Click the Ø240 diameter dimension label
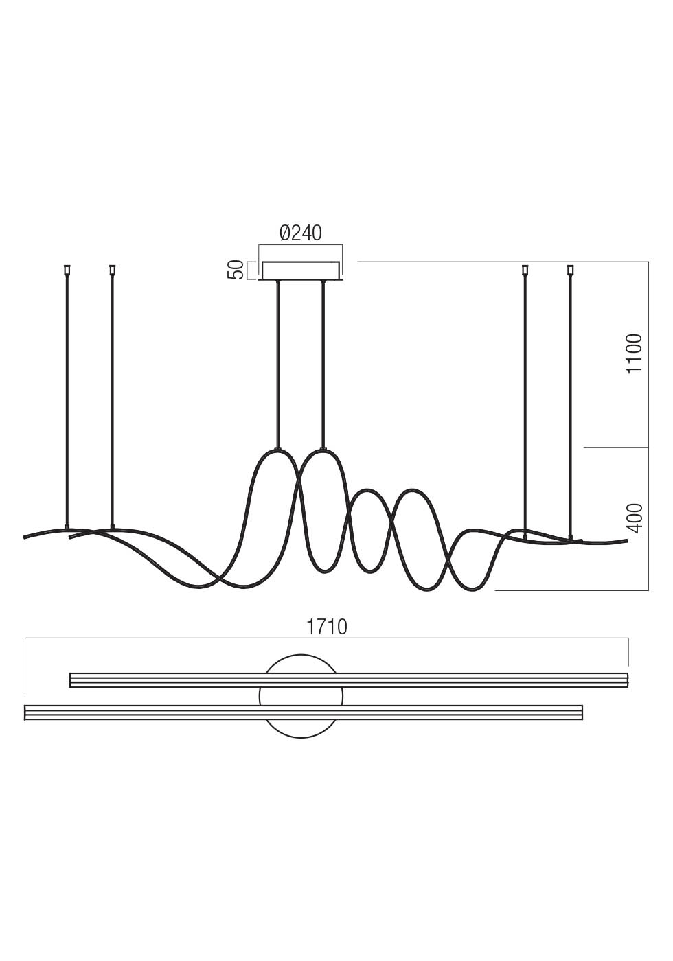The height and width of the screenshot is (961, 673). [x=301, y=233]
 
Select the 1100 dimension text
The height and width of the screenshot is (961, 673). [x=634, y=354]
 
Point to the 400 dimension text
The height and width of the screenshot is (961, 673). [x=635, y=518]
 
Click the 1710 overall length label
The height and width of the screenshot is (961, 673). [x=327, y=627]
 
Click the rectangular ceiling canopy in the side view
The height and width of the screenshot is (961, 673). [x=301, y=270]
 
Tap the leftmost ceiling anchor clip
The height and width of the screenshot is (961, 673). [x=67, y=270]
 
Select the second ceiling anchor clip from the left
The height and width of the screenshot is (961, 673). [x=112, y=270]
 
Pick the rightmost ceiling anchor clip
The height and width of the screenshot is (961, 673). [x=571, y=270]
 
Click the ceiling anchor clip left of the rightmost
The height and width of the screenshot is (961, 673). [x=525, y=270]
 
